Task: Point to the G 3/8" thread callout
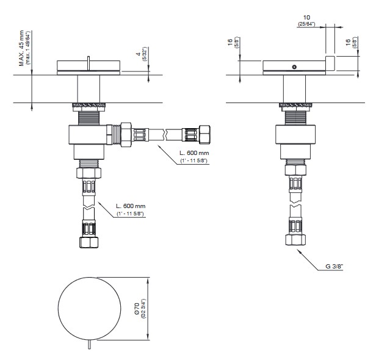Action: (334, 266)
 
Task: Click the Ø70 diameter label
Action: (137, 309)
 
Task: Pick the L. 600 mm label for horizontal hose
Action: (194, 153)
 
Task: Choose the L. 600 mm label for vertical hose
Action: (131, 206)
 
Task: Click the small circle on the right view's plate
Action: (294, 67)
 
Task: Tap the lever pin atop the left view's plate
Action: (89, 63)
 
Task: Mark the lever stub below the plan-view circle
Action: (89, 344)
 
